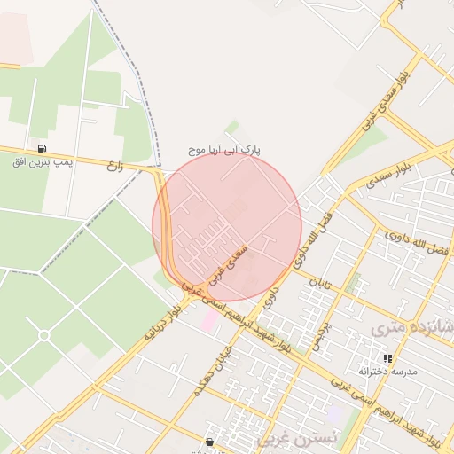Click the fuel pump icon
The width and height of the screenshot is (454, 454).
pyautogui.click(x=41, y=148)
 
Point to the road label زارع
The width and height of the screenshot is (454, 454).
pyautogui.click(x=113, y=165)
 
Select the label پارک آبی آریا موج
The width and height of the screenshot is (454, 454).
pyautogui.click(x=225, y=151)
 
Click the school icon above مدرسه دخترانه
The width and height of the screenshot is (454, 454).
pyautogui.click(x=387, y=358)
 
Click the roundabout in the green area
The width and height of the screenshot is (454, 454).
pyautogui.click(x=43, y=334)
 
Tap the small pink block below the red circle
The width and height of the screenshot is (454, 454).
pyautogui.click(x=209, y=319)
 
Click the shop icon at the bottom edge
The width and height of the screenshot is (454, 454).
pyautogui.click(x=209, y=441)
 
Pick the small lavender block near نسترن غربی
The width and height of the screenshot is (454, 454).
pyautogui.click(x=334, y=413)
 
